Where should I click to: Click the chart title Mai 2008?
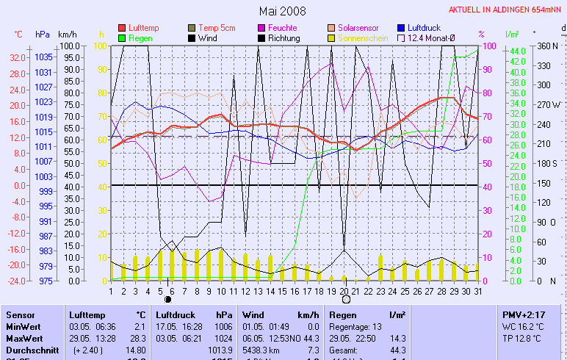tap(283, 11)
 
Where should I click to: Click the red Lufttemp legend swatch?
tap(122, 28)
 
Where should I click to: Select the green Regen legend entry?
tap(139, 37)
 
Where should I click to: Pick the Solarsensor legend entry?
tap(357, 28)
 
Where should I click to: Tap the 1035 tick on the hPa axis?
tap(43, 57)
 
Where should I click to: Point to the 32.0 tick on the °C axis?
tap(18, 57)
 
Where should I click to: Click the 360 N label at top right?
tap(546, 46)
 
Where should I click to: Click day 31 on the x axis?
tap(477, 291)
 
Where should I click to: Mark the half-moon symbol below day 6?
tap(169, 300)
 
